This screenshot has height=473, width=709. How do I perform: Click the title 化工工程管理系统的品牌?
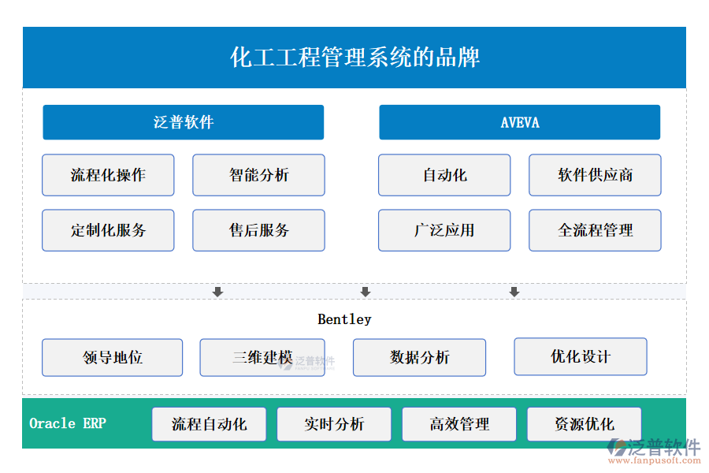[354, 58]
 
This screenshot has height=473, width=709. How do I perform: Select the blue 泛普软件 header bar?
[183, 122]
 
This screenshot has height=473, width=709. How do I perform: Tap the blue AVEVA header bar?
[519, 122]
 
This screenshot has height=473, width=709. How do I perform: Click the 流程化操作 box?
[108, 175]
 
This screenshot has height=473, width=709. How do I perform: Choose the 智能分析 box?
[258, 175]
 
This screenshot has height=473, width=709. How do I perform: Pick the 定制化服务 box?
[108, 230]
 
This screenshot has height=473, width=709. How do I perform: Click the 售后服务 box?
[258, 230]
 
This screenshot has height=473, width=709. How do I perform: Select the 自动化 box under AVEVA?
[444, 175]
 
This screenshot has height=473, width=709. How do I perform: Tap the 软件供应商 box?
[595, 175]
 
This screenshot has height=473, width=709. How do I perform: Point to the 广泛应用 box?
[444, 230]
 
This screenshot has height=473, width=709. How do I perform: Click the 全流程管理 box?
[595, 230]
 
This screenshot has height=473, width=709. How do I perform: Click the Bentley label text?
[344, 319]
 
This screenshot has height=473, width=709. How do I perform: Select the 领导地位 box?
[112, 358]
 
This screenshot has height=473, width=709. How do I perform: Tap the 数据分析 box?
[419, 358]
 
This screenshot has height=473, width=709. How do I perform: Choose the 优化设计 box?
[580, 357]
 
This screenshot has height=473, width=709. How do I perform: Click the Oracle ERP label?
[68, 423]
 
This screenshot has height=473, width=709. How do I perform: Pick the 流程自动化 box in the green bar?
[209, 424]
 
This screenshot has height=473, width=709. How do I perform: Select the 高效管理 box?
[459, 424]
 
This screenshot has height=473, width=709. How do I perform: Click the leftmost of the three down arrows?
[218, 292]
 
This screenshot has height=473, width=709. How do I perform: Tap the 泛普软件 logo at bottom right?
[654, 450]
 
